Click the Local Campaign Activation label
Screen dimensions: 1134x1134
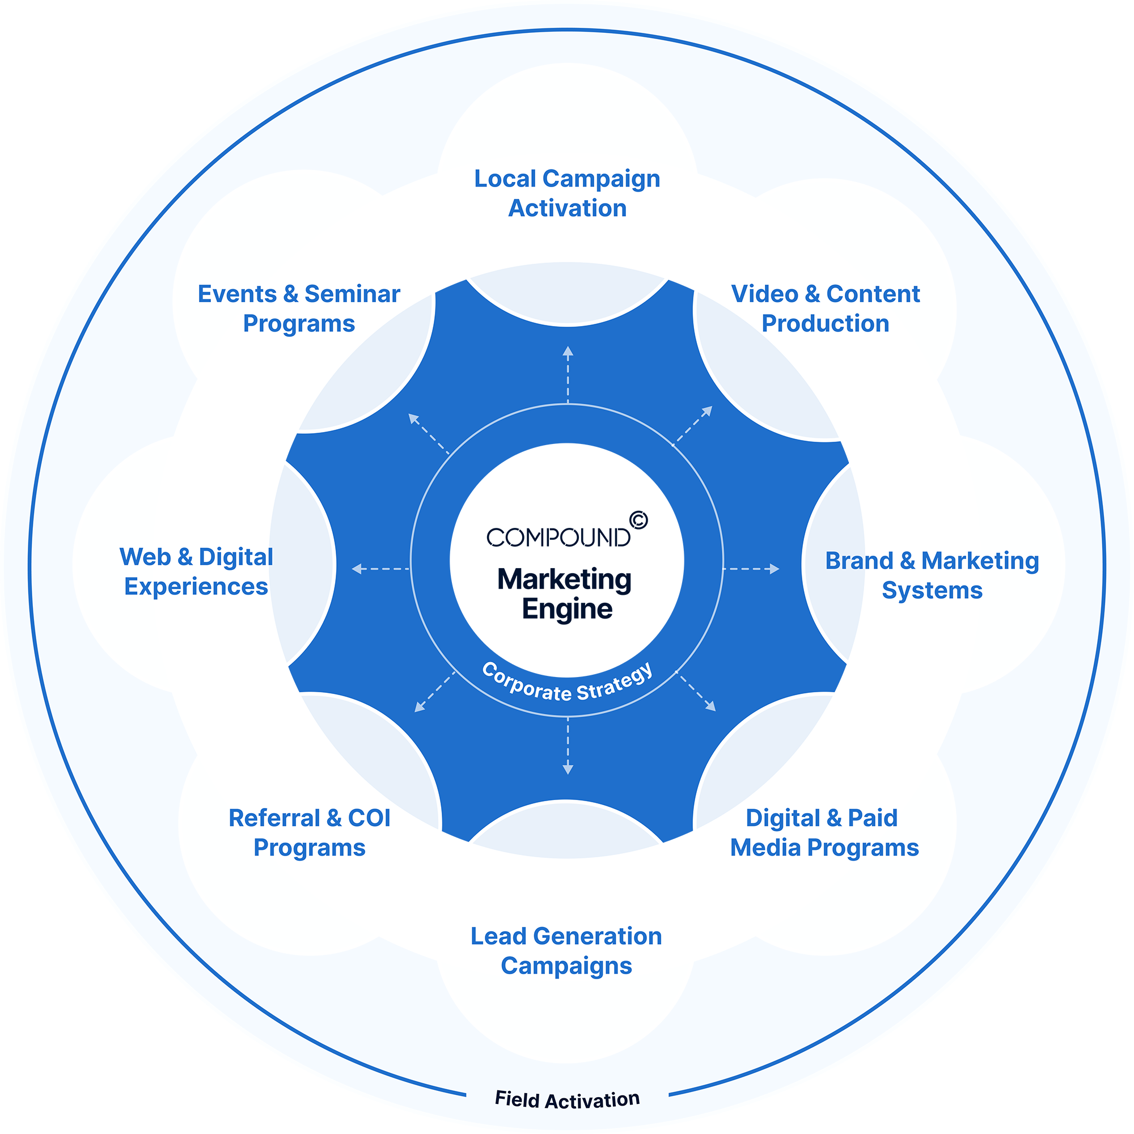[567, 193]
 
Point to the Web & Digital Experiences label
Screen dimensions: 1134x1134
[196, 572]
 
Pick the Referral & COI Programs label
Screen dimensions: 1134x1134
[310, 833]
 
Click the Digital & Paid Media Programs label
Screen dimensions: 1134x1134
[824, 833]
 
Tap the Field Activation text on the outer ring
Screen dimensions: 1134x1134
[567, 1100]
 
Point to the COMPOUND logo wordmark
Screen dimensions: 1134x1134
[558, 537]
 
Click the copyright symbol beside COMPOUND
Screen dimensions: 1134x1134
[638, 520]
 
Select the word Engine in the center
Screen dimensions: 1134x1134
[567, 610]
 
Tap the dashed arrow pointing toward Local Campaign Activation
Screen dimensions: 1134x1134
[568, 374]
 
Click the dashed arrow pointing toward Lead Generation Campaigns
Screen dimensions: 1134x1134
[568, 746]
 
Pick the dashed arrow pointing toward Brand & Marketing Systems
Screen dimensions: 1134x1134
[752, 569]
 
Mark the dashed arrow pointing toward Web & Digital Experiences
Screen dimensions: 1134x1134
[380, 569]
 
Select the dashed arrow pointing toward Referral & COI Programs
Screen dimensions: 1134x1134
[434, 692]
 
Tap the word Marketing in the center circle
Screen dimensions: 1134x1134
[564, 579]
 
